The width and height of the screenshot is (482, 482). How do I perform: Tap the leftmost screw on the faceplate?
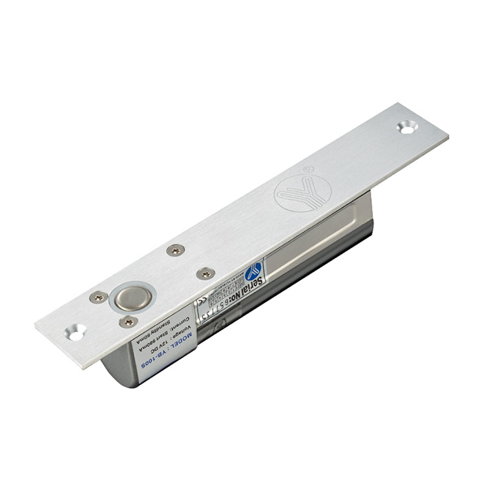98,297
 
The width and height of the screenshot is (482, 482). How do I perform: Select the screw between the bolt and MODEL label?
128,322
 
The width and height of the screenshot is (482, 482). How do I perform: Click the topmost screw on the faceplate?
176,250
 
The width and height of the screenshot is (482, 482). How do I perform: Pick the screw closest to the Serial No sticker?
205,273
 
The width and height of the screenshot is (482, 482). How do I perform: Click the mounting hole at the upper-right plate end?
407,127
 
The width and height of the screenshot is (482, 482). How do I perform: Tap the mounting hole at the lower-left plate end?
75,332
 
